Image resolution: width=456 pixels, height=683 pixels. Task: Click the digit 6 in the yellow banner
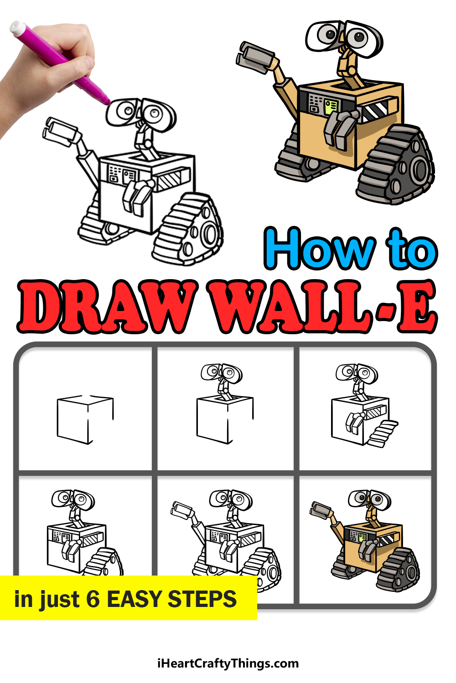click(x=93, y=599)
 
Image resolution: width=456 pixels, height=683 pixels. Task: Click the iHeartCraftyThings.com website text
click(x=228, y=663)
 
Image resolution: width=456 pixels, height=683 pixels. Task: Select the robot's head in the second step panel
click(x=222, y=373)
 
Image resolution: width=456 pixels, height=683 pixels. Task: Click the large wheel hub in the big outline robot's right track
click(x=210, y=234)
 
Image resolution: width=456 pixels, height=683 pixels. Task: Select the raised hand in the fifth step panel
click(x=182, y=510)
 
